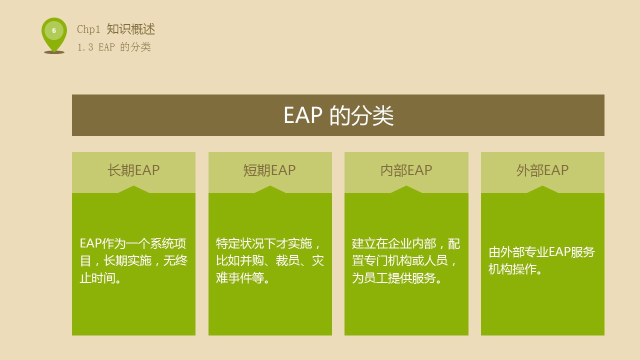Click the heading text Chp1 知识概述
click(116, 29)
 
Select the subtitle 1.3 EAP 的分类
click(114, 47)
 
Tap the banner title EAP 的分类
click(338, 115)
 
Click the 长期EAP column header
click(133, 170)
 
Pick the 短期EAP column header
click(269, 170)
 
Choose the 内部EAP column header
click(406, 170)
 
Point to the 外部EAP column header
click(542, 170)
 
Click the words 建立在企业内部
click(393, 243)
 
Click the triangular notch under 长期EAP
click(133, 189)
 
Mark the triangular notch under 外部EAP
click(542, 189)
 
